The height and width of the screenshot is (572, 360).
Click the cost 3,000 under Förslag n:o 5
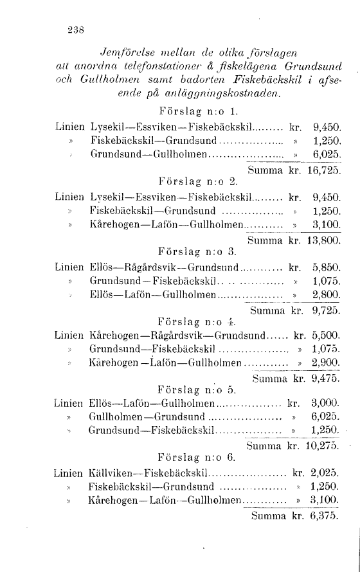326,405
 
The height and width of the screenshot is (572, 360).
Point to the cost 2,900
327,364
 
